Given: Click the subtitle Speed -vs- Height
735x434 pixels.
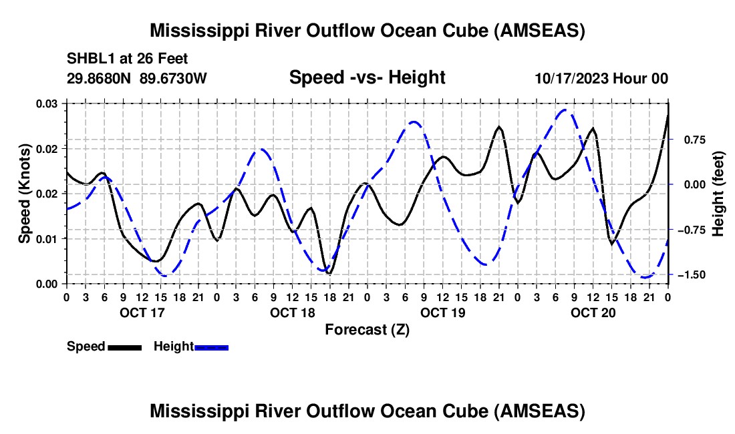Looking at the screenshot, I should tap(367, 77).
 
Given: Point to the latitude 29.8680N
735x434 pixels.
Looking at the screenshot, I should tap(100, 78).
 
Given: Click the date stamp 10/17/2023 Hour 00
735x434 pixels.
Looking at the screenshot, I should tap(601, 78).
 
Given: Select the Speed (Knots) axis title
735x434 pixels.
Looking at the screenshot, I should tap(25, 194).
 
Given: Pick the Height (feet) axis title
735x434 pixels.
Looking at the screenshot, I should tap(718, 194).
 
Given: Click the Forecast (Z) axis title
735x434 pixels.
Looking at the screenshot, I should tap(367, 329).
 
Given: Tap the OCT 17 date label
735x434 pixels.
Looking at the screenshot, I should tap(142, 312).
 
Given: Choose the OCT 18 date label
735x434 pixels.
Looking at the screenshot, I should tap(293, 312).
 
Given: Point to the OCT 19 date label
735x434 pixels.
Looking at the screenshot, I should tap(443, 312).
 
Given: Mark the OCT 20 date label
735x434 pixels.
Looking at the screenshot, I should tap(593, 312).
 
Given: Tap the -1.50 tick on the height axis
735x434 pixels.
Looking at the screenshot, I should tap(696, 275).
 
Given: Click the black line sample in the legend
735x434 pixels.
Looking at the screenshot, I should tap(125, 347).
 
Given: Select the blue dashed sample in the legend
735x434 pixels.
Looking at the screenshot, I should tap(212, 347).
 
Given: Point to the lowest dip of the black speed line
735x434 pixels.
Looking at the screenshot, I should tap(329, 274).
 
